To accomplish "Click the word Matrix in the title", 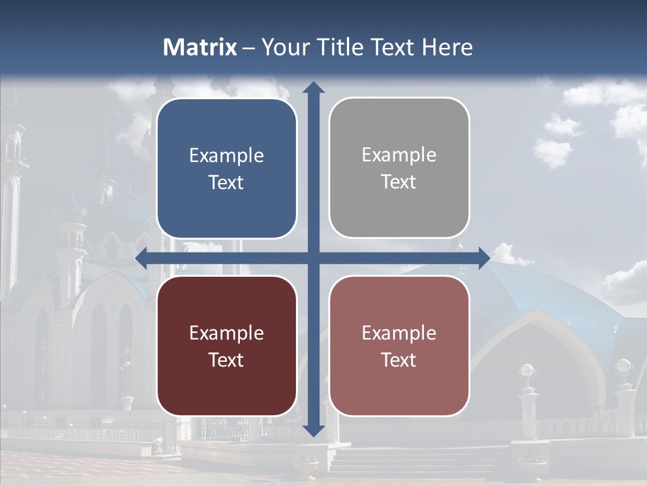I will (200, 47).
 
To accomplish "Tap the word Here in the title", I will (448, 47).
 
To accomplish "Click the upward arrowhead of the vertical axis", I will (313, 87).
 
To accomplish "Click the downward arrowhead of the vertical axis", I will (313, 429).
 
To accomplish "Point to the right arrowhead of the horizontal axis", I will (483, 258).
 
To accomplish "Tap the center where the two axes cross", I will (313, 258).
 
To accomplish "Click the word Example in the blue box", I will (226, 156).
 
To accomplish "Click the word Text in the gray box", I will (399, 182).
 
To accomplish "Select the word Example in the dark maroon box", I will (226, 333).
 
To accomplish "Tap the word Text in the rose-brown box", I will (399, 360).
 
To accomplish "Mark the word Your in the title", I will (283, 47).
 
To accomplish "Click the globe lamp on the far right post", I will (624, 367).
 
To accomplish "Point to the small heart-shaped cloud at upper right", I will (553, 151).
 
